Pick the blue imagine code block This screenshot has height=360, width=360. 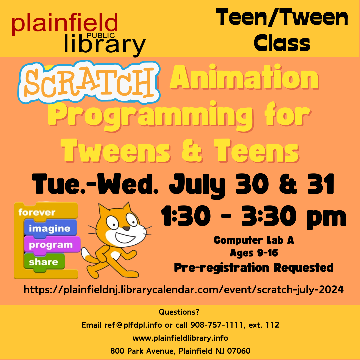coord(50,228)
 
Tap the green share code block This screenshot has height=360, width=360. coord(43,262)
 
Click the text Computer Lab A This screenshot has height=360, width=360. coord(254,240)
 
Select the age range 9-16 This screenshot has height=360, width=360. coord(267,253)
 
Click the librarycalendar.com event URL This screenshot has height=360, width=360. coord(183,290)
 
